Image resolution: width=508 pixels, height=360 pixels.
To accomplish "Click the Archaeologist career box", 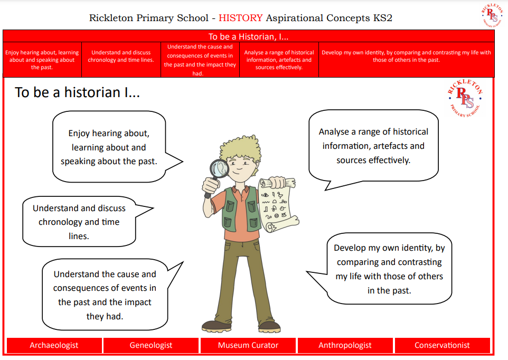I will pyautogui.click(x=54, y=345).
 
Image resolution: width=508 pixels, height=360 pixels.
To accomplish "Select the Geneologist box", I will pyautogui.click(x=151, y=345).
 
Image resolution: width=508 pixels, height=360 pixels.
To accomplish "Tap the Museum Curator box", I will pyautogui.click(x=248, y=345).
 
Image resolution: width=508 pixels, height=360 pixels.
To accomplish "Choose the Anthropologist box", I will pyautogui.click(x=345, y=345).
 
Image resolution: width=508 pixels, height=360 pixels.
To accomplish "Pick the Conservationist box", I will pyautogui.click(x=442, y=345).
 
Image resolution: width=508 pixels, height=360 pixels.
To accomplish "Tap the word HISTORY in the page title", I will pyautogui.click(x=240, y=18).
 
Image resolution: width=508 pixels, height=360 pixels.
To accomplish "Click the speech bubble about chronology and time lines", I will pyautogui.click(x=79, y=222).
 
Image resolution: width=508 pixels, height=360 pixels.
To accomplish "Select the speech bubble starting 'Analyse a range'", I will pyautogui.click(x=373, y=146).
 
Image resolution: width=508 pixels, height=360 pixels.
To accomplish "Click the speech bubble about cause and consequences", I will pyautogui.click(x=105, y=295).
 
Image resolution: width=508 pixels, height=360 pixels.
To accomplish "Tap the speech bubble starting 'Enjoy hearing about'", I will pyautogui.click(x=109, y=147).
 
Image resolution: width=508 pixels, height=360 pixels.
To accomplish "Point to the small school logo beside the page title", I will pyautogui.click(x=492, y=14).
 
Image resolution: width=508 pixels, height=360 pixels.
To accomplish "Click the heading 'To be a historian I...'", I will pyautogui.click(x=77, y=92).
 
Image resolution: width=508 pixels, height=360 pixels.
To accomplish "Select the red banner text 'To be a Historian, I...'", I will pyautogui.click(x=248, y=36).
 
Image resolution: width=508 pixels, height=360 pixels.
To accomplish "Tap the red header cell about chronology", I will pyautogui.click(x=121, y=56).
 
